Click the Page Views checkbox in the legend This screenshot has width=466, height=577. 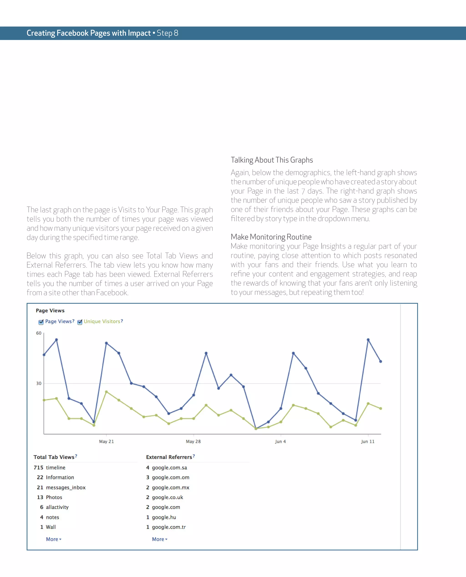[x=41, y=322]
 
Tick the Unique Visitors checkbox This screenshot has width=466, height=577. [x=80, y=322]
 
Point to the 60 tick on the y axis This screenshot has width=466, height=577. [x=39, y=333]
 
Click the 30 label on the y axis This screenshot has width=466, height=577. [x=39, y=383]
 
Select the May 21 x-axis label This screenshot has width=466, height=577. [x=106, y=441]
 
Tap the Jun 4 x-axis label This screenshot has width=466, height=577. [x=280, y=441]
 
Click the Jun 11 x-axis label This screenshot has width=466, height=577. [x=367, y=441]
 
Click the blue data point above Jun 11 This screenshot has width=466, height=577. [x=368, y=340]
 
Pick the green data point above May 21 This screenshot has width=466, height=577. [x=106, y=391]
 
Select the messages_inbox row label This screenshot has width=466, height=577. [x=66, y=487]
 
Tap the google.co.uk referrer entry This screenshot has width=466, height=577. [x=167, y=497]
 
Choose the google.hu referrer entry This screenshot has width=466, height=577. [x=164, y=517]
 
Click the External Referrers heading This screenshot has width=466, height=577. [x=169, y=457]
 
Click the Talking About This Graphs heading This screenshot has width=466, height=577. [x=272, y=160]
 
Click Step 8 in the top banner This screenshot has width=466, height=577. [x=167, y=33]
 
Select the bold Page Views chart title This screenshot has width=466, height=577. [x=50, y=310]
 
